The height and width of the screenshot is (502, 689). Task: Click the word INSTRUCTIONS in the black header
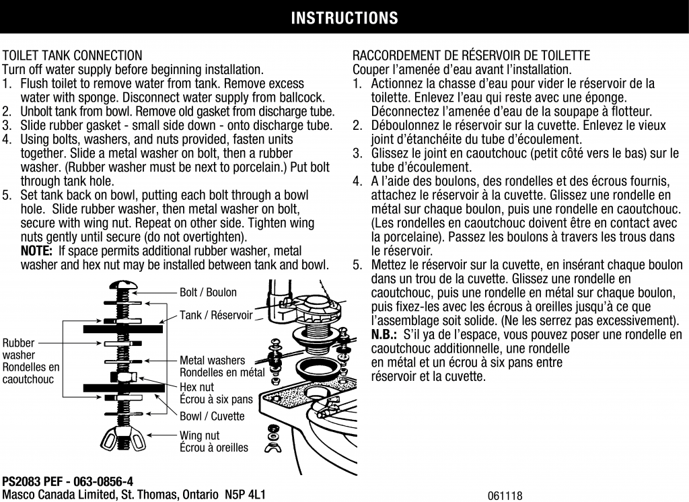click(x=344, y=18)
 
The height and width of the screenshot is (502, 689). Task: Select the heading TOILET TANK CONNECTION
click(x=73, y=55)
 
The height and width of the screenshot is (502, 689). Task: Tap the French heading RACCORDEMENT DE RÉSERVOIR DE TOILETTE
click(x=471, y=55)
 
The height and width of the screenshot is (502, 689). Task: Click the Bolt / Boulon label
click(x=208, y=293)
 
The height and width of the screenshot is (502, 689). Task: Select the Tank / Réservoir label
click(x=216, y=315)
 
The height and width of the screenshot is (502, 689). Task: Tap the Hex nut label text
click(x=196, y=387)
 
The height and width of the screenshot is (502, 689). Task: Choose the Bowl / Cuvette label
click(x=212, y=417)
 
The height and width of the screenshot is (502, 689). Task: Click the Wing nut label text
click(x=199, y=435)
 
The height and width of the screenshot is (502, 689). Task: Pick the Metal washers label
click(x=212, y=361)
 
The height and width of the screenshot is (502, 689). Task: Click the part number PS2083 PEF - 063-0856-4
click(x=67, y=481)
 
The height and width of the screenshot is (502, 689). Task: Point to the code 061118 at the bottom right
click(x=505, y=496)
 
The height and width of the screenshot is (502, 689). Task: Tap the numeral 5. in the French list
click(x=357, y=264)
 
